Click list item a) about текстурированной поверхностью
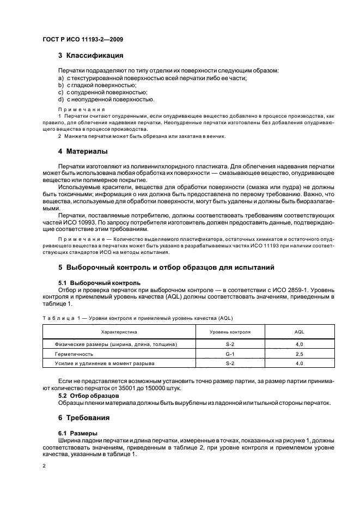152,78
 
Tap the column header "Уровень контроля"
230,331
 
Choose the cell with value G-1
230,354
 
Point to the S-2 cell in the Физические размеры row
230,344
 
